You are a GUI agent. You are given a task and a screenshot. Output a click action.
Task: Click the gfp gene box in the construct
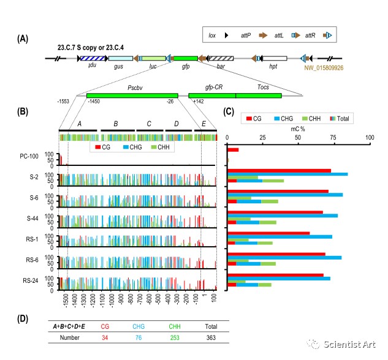tap(185, 58)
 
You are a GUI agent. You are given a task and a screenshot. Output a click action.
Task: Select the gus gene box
tap(119, 58)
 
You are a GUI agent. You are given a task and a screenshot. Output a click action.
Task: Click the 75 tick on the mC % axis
tap(334, 138)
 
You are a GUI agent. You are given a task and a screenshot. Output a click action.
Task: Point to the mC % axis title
tap(297, 130)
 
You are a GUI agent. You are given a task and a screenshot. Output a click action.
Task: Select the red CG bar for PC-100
tap(233, 149)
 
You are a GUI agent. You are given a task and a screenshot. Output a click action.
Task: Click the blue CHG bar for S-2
tap(287, 174)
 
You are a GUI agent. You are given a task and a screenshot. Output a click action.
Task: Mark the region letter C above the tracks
tap(148, 124)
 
